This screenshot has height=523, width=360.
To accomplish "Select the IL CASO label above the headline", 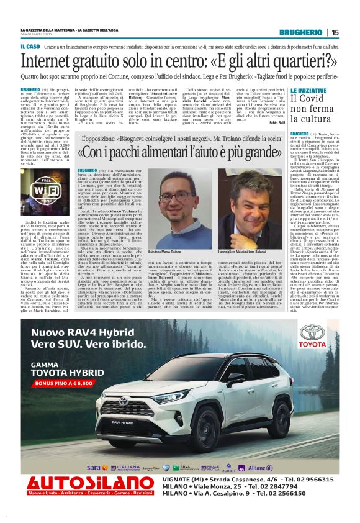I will (x=30, y=47).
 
